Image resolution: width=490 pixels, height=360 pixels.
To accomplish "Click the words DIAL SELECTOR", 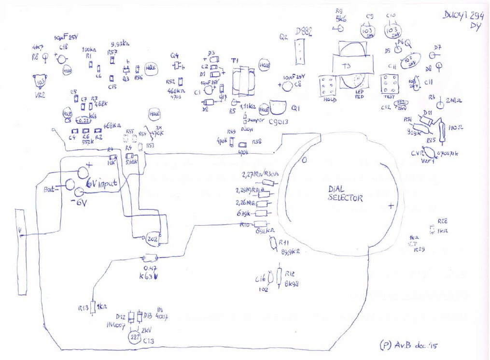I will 346,194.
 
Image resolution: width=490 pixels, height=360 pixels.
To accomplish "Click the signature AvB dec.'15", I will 410,345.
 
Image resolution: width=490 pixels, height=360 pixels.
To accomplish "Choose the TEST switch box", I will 389,85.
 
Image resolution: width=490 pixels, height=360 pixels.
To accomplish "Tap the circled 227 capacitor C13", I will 135,337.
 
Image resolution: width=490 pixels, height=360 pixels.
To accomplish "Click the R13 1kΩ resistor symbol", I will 93,306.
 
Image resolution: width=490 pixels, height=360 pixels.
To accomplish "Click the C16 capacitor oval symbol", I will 271,277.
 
